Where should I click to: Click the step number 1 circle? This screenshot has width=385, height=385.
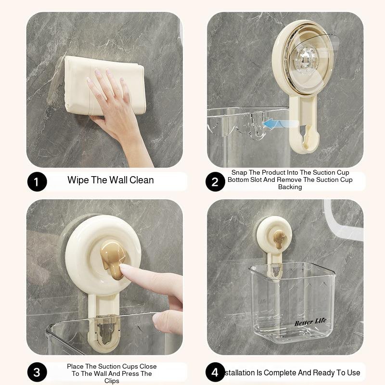37,182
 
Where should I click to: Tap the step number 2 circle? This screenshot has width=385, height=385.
215,182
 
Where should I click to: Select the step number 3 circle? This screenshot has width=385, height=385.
37,372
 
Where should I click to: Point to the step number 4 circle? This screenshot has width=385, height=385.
215,372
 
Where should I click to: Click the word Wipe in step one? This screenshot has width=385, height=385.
77,180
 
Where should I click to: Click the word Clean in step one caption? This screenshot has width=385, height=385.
141,180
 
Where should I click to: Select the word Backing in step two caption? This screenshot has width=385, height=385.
290,187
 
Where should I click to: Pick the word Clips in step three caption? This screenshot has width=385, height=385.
112,381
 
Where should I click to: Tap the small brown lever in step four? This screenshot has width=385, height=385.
279,238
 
